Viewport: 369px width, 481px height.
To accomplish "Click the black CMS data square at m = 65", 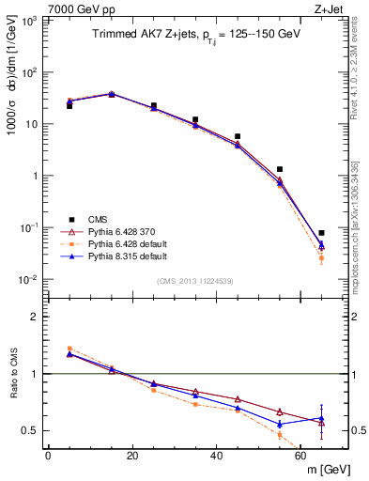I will [x=321, y=233].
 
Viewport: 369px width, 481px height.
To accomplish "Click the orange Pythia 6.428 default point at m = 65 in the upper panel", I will [x=321, y=257].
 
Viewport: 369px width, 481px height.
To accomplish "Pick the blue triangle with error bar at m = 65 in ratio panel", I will [x=321, y=418].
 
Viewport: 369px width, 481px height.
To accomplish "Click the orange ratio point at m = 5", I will [x=69, y=349].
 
